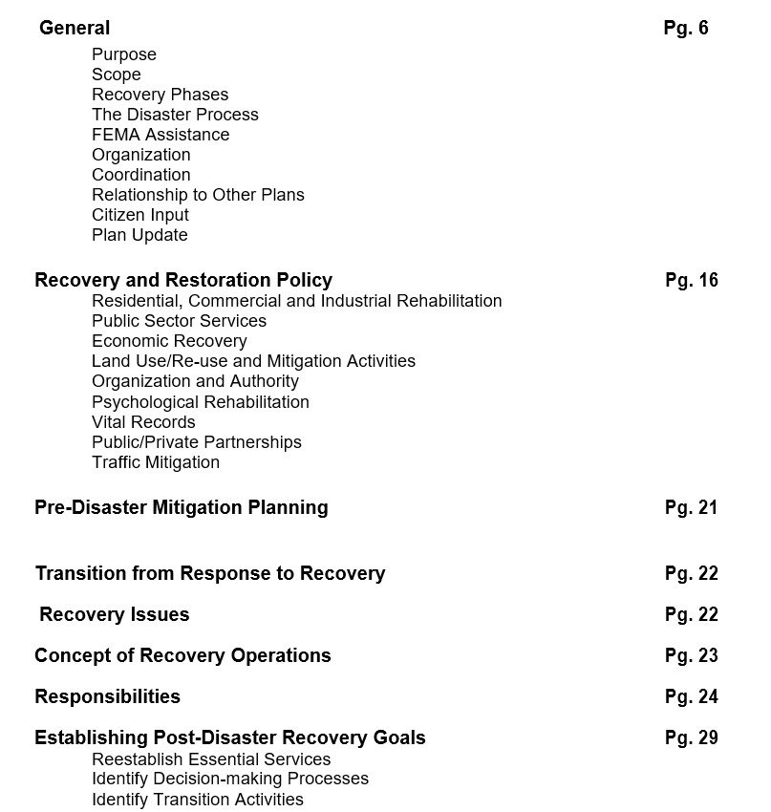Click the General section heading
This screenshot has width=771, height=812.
[75, 28]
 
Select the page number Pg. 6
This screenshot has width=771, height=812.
[686, 28]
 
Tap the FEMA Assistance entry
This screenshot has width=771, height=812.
[161, 135]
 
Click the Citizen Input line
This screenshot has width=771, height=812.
[140, 215]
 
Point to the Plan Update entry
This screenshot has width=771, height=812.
[139, 235]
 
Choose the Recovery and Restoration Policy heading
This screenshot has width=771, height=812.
[183, 280]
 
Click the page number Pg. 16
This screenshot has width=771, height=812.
[691, 280]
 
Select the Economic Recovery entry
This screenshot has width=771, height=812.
[169, 341]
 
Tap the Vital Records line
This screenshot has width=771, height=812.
[143, 422]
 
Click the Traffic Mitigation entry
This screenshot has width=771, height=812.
[156, 462]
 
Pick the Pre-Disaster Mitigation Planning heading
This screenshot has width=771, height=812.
[182, 507]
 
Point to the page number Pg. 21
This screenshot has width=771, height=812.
[691, 507]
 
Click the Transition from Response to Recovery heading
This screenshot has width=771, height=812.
[210, 573]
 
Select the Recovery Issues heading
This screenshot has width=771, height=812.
[115, 614]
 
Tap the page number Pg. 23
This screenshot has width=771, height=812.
[691, 655]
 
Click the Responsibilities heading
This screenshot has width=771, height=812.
[107, 696]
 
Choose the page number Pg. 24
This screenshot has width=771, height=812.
[691, 696]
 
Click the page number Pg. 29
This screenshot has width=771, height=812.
[691, 737]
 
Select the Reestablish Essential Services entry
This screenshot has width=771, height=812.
[211, 759]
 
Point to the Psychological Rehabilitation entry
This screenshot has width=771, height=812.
[201, 402]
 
